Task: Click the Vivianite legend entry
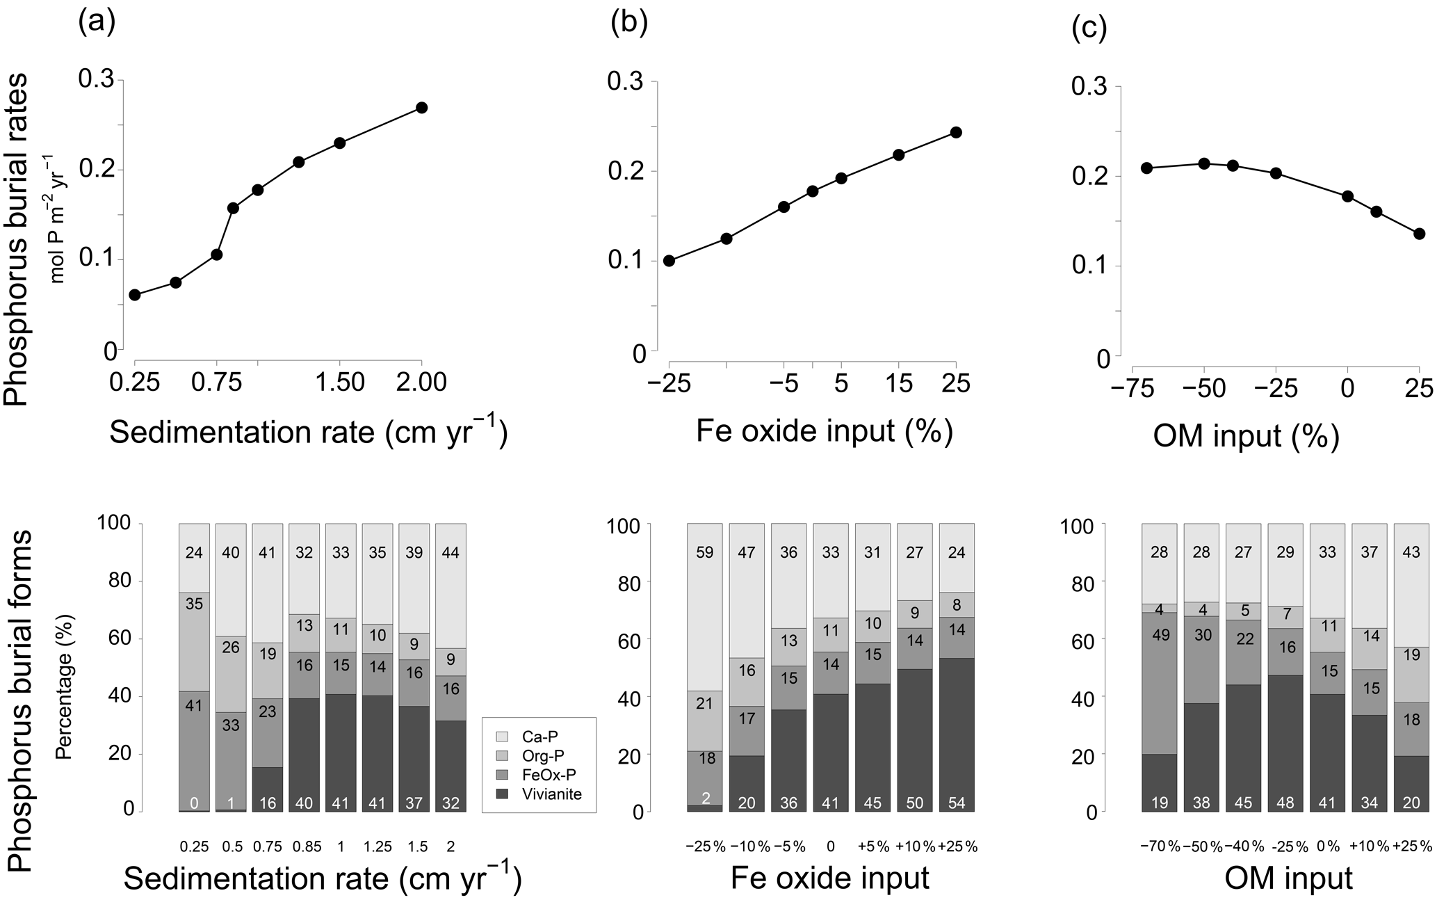pyautogui.click(x=553, y=794)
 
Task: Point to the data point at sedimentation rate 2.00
pyautogui.click(x=421, y=108)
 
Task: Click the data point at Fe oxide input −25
pyautogui.click(x=669, y=261)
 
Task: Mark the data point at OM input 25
pyautogui.click(x=1419, y=234)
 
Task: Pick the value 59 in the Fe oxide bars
pyautogui.click(x=706, y=553)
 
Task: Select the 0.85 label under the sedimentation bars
pyautogui.click(x=305, y=846)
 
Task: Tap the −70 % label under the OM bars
pyautogui.click(x=1160, y=846)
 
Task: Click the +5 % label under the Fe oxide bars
pyautogui.click(x=872, y=846)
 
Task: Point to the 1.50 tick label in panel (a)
pyautogui.click(x=339, y=383)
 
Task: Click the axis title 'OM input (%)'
pyautogui.click(x=1246, y=435)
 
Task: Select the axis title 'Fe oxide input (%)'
pyautogui.click(x=824, y=431)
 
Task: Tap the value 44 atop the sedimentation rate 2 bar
pyautogui.click(x=450, y=553)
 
